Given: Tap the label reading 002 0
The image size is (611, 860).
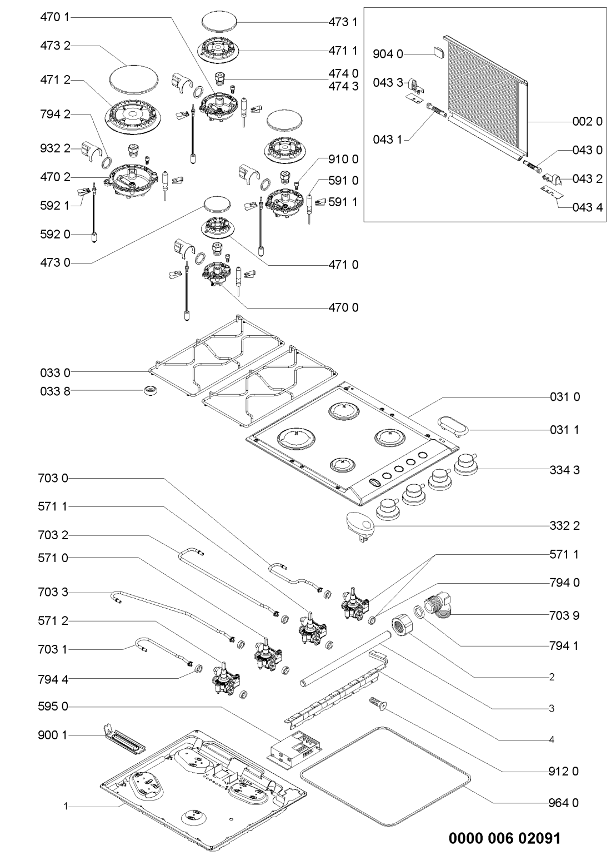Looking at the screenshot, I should pos(587,121).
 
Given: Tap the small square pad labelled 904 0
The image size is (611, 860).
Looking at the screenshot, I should pos(438,53).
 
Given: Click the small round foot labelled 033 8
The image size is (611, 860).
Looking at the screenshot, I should pos(149,391).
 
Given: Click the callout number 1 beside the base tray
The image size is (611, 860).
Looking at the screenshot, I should pos(64,806).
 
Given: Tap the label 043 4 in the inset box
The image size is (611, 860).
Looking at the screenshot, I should pos(587,208).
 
